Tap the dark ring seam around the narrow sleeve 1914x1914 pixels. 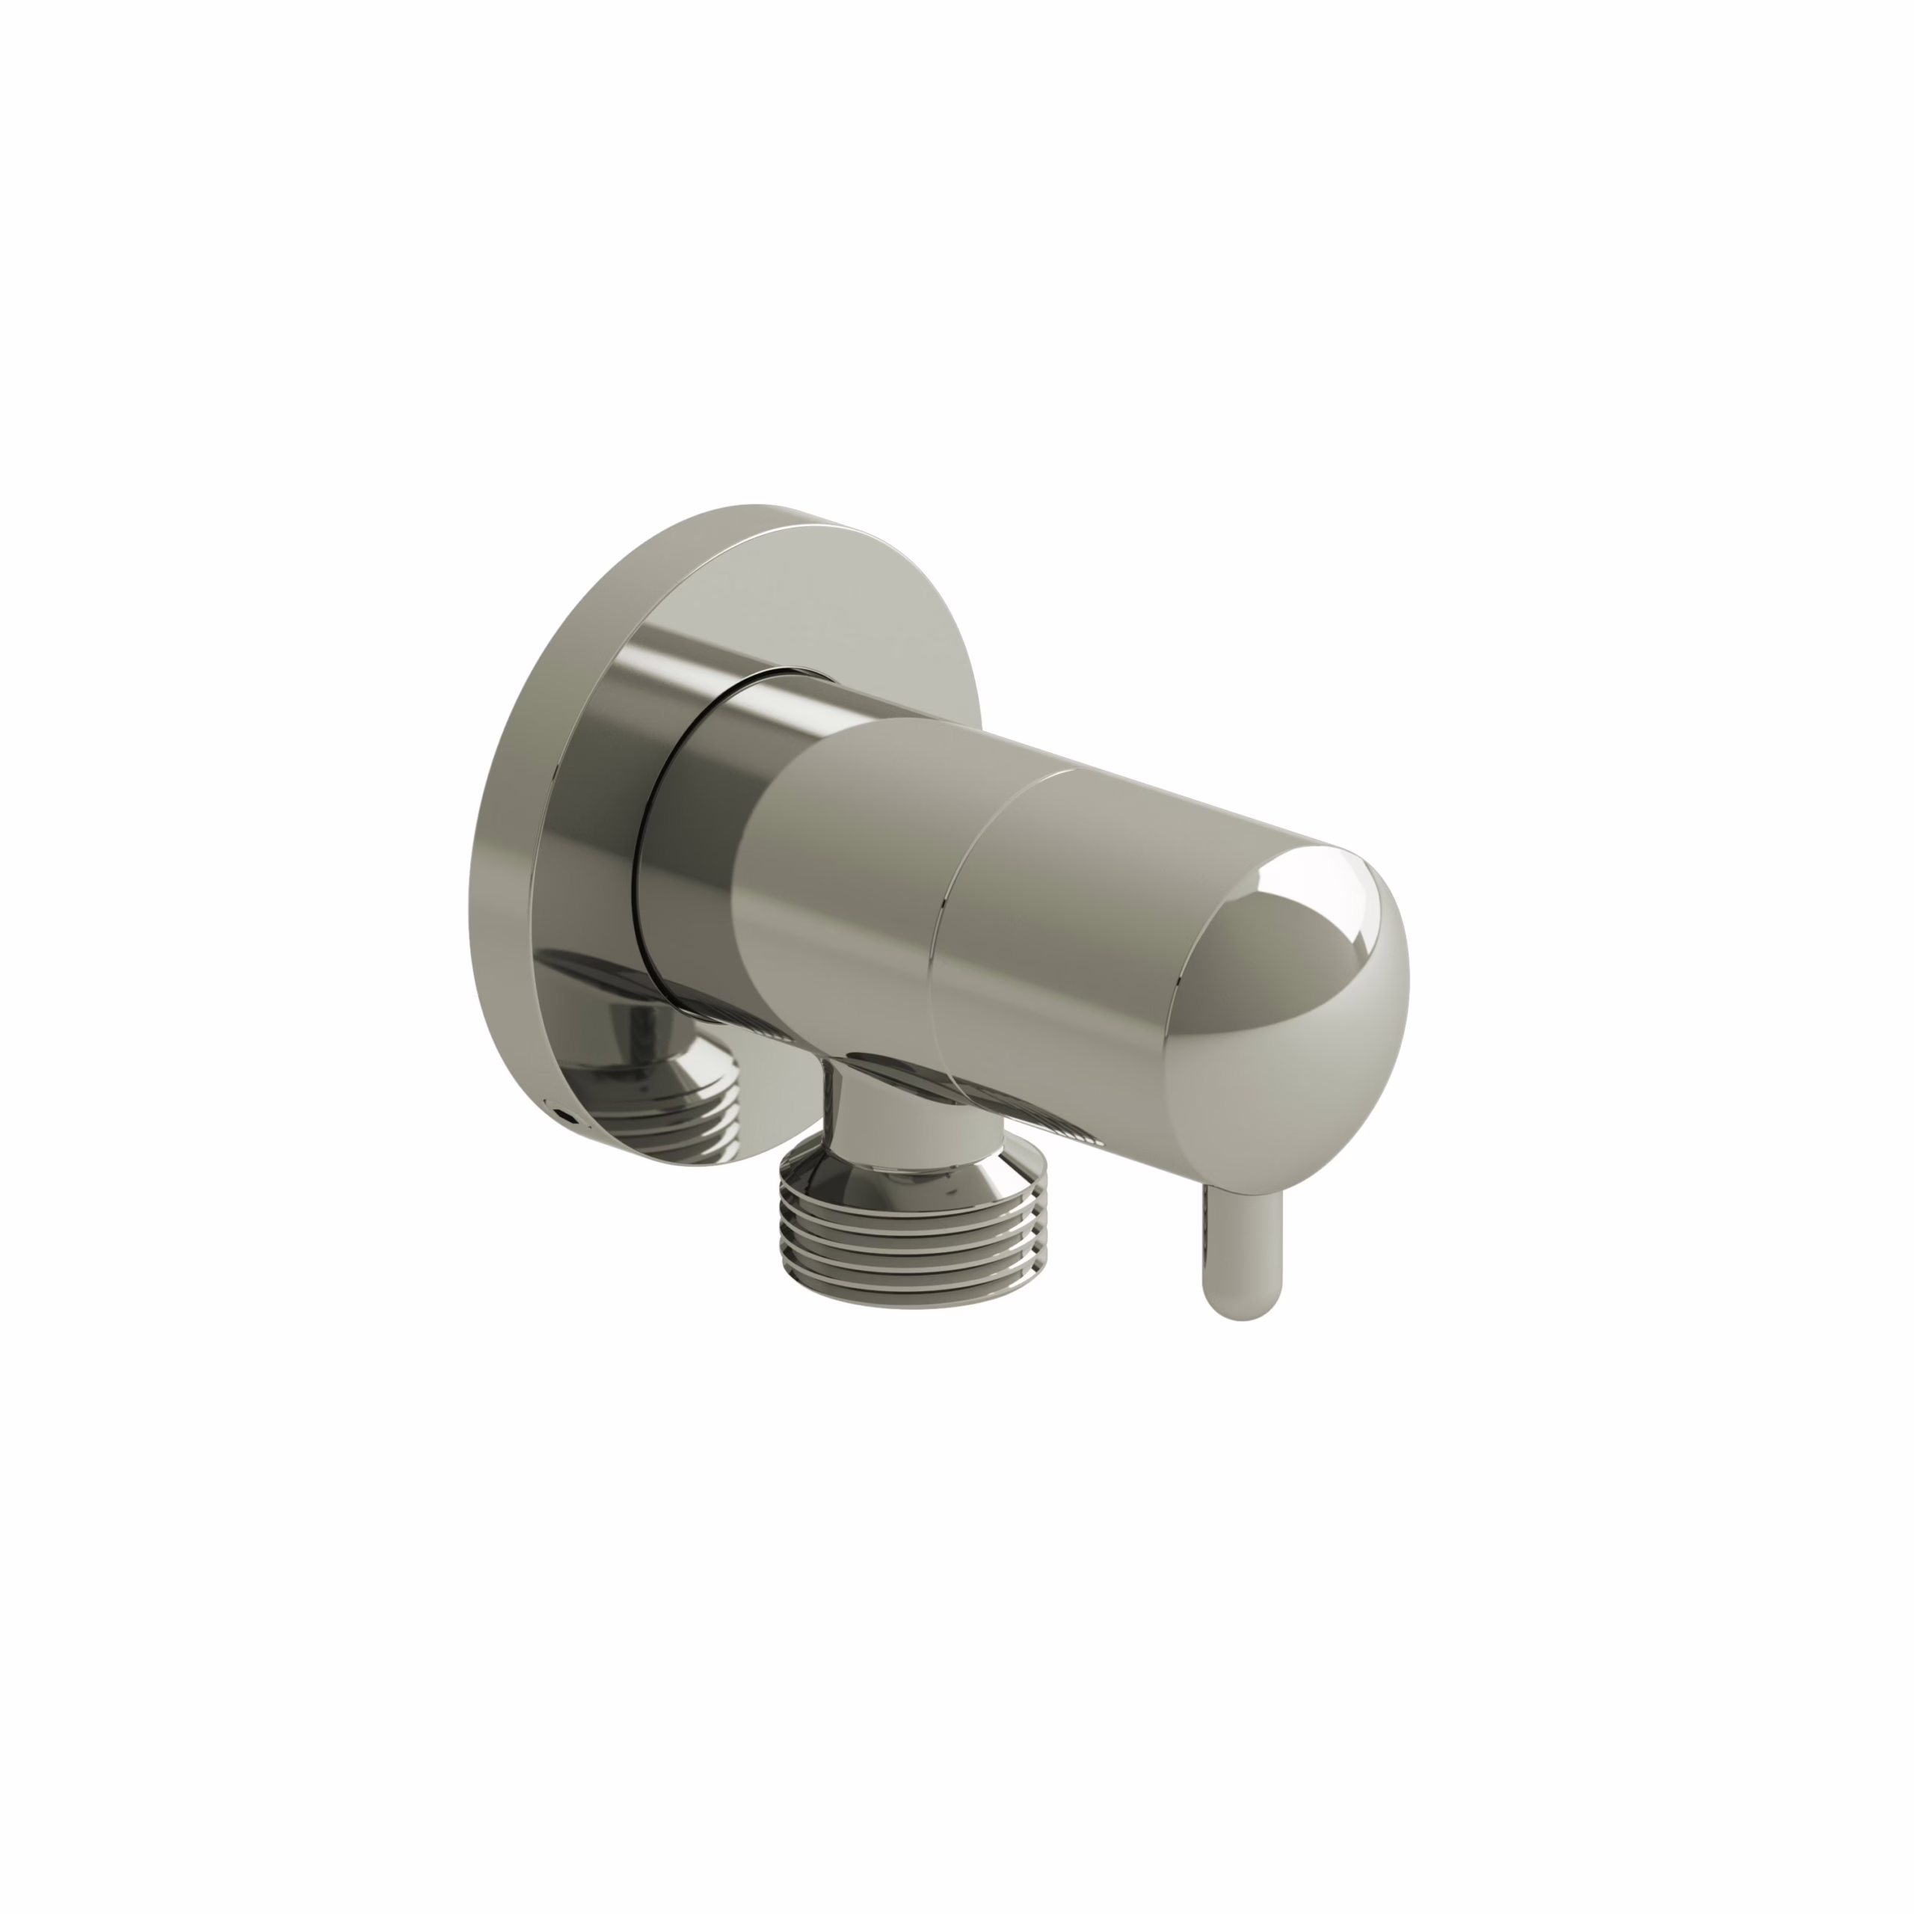tap(649, 832)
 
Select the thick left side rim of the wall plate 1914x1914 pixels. tap(496, 842)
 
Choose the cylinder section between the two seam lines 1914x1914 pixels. tap(1060, 941)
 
